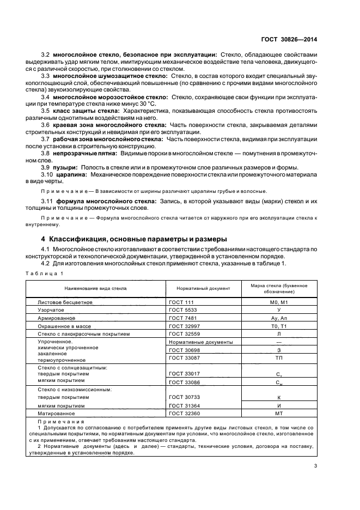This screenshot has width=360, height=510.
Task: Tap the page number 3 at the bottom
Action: pos(315,465)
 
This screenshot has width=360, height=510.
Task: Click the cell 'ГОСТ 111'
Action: pos(181,301)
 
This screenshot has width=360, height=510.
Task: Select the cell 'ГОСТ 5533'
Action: pos(182,309)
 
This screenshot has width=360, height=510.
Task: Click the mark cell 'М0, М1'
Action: pos(278,301)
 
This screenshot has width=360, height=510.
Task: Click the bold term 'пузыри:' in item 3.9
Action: pos(65,167)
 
